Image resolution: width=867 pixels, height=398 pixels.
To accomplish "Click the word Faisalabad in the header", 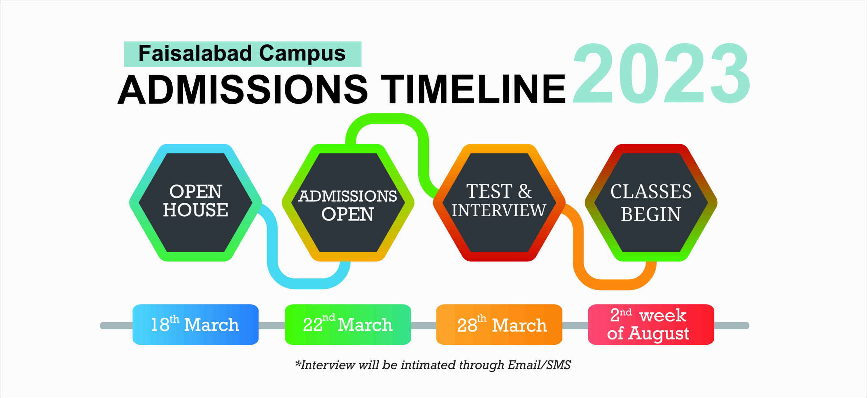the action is (195, 53).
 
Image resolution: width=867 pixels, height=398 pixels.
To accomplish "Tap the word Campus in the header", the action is (302, 54).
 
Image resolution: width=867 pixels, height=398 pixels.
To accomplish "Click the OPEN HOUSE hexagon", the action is (195, 202).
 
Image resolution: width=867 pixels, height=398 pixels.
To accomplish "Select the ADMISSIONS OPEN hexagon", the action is (348, 202).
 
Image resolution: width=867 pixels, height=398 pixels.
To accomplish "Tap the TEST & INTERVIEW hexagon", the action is (499, 202).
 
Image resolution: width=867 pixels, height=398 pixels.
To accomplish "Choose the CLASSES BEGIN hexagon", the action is (651, 202).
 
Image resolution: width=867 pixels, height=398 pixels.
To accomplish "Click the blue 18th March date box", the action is (195, 324).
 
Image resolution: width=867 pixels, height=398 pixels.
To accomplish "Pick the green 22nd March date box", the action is (348, 324).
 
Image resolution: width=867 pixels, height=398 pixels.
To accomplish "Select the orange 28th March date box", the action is (499, 324).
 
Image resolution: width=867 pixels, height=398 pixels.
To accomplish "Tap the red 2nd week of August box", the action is (651, 324).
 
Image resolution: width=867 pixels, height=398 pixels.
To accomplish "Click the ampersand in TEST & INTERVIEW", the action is (525, 191).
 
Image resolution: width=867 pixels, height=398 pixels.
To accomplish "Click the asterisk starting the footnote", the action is (298, 363).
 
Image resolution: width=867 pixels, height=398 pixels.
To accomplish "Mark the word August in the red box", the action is (659, 334).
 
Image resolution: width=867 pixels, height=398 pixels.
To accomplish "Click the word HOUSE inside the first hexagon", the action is (195, 210).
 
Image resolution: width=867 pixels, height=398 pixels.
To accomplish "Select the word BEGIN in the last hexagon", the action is (651, 214).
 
